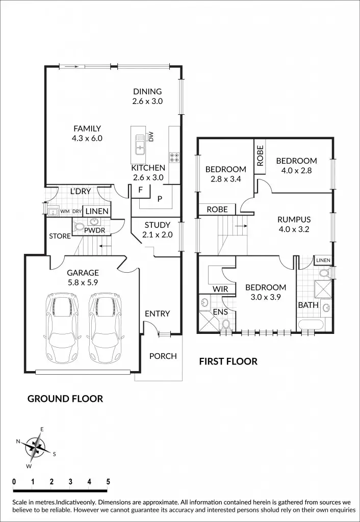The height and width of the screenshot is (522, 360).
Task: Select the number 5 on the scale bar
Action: (108, 481)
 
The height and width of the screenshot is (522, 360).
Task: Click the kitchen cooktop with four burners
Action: (174, 157)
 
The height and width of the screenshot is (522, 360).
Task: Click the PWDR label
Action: (94, 230)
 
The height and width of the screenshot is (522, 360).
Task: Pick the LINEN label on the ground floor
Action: (96, 211)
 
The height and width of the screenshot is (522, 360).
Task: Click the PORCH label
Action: (163, 356)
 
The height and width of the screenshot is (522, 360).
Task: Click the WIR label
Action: (220, 289)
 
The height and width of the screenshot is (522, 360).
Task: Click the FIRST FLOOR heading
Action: (228, 361)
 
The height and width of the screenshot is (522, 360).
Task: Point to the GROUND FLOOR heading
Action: (65, 399)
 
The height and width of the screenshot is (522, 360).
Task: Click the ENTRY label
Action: (157, 314)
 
